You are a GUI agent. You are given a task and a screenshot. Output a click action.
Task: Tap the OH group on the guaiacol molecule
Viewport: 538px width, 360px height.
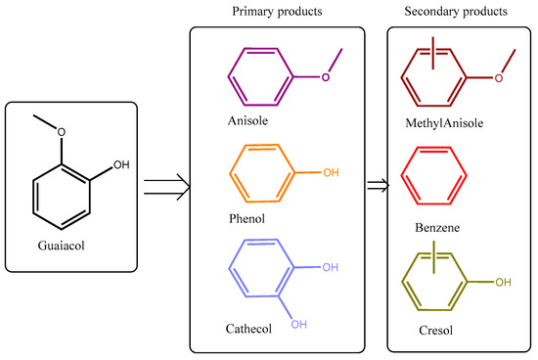click(x=120, y=165)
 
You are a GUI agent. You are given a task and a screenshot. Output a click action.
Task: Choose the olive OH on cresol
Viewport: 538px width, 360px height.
click(x=504, y=283)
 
